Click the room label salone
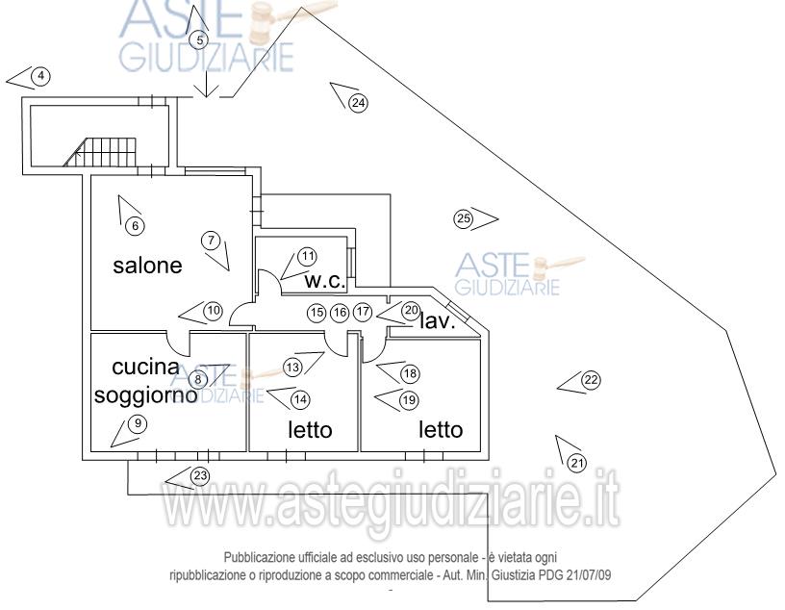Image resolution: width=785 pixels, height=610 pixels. coord(147,266)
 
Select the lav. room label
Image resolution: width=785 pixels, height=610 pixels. coord(437,321)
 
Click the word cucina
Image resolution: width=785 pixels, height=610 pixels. coord(145,368)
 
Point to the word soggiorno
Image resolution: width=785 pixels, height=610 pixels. coord(145,395)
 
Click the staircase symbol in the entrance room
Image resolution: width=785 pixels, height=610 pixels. coord(100,152)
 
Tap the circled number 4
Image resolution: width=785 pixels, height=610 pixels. coord(41,77)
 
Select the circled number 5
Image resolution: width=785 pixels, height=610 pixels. coord(200,40)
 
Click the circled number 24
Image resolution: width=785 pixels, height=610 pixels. coord(358,103)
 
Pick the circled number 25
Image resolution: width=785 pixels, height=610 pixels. coord(464,218)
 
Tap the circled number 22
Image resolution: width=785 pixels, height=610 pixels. coord(592,380)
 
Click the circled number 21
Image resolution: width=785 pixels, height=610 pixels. coord(577,463)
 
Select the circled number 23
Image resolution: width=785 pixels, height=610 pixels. coord(200,475)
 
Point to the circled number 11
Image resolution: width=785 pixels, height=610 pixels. coord(308,258)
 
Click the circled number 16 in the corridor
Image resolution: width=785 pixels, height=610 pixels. coord(340,313)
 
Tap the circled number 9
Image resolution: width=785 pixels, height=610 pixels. coord(138,424)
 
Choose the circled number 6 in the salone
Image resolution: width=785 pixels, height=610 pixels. coord(135,226)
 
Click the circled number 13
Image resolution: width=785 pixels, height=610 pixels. coord(292,368)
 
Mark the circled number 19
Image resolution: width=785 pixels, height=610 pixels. coord(409,400)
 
